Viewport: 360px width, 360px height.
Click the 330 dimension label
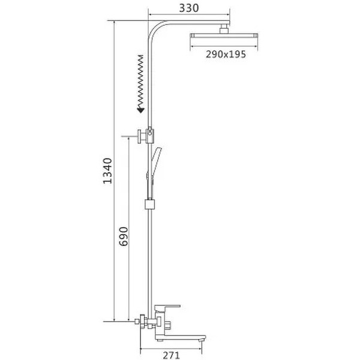pyautogui.click(x=189, y=8)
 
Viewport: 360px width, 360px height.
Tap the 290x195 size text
pyautogui.click(x=226, y=55)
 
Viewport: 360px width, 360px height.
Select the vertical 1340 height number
pyautogui.click(x=107, y=171)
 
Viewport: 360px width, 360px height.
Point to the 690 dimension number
pyautogui.click(x=124, y=236)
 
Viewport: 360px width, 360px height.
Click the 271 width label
pyautogui.click(x=171, y=355)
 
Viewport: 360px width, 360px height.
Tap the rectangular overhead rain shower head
pyautogui.click(x=224, y=36)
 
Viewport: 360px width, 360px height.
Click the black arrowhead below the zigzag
pyautogui.click(x=140, y=110)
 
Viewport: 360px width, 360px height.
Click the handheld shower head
pyautogui.click(x=156, y=161)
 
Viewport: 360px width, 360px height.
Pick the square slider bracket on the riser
pyautogui.click(x=149, y=204)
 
